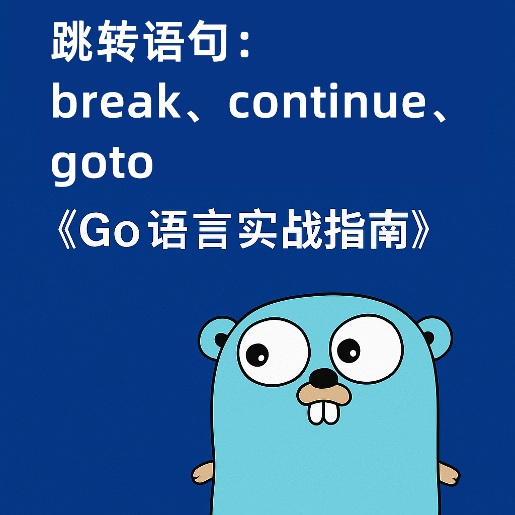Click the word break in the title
pos(116,100)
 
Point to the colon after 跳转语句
pos(244,43)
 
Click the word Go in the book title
pos(109,229)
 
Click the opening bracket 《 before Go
pos(67,229)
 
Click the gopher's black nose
pos(323,377)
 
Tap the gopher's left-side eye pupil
pos(257,355)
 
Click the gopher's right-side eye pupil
pos(349,351)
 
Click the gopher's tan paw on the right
pos(449,474)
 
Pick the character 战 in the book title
pos(302,228)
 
